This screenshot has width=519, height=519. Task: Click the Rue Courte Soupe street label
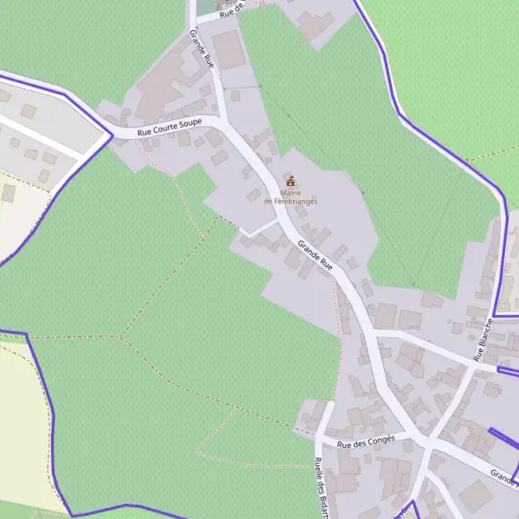(x=170, y=128)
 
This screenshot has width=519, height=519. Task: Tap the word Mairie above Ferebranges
(x=291, y=193)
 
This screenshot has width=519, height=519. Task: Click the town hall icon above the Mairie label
(x=291, y=181)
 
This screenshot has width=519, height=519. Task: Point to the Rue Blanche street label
(x=482, y=340)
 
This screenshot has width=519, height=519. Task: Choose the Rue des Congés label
(x=366, y=441)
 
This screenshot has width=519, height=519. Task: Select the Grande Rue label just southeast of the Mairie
(x=315, y=256)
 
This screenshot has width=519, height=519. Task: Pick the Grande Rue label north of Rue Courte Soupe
(x=201, y=49)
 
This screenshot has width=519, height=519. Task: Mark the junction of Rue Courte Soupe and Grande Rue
(x=219, y=122)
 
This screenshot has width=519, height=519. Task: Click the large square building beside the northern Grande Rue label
(x=228, y=49)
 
